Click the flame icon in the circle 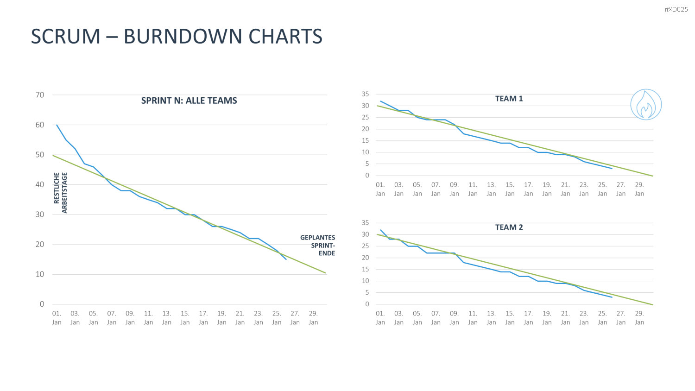[x=646, y=105]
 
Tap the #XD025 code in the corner [x=676, y=9]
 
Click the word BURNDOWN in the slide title [x=183, y=36]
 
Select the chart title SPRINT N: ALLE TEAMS [x=189, y=101]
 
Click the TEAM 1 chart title [x=509, y=99]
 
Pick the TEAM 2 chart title [x=509, y=227]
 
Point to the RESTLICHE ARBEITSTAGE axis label [x=61, y=193]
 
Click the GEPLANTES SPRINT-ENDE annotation [x=318, y=246]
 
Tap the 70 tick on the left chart [x=40, y=95]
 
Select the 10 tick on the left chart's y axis [x=40, y=274]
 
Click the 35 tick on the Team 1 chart [x=366, y=94]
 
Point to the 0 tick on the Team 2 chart [x=367, y=304]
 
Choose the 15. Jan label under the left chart [x=185, y=318]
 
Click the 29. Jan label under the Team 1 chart [x=639, y=189]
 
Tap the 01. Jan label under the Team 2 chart [x=380, y=318]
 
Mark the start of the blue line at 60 [x=57, y=125]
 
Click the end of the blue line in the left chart [x=286, y=259]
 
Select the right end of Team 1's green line [x=653, y=176]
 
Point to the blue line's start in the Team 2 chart [x=380, y=230]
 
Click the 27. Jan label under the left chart [x=295, y=318]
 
